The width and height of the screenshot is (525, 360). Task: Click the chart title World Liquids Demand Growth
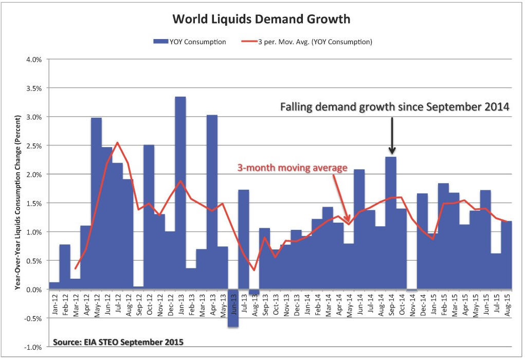261,20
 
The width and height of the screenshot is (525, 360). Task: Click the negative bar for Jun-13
233,308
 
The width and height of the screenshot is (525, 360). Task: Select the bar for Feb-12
65,267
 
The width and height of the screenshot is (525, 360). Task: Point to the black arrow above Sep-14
392,135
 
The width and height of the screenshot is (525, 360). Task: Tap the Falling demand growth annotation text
394,107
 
